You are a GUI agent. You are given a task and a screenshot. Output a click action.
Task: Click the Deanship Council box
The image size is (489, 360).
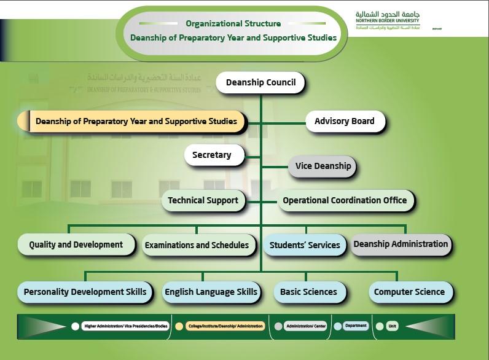pyautogui.click(x=260, y=82)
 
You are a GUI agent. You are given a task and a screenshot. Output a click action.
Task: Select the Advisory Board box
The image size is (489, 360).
pyautogui.click(x=344, y=121)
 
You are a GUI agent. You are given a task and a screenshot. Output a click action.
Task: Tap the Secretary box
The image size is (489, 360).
pyautogui.click(x=212, y=155)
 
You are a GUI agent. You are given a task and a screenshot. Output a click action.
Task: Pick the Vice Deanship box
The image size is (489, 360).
pyautogui.click(x=323, y=166)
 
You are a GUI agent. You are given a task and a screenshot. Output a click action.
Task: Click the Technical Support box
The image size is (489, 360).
pyautogui.click(x=203, y=200)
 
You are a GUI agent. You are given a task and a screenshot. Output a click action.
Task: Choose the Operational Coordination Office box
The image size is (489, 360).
pyautogui.click(x=345, y=200)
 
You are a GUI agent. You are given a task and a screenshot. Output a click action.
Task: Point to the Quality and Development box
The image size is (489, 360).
pyautogui.click(x=76, y=245)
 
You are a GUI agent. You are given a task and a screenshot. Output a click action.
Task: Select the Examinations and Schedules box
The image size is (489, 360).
pyautogui.click(x=197, y=245)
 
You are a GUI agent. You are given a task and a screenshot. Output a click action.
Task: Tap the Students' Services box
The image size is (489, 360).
pyautogui.click(x=305, y=245)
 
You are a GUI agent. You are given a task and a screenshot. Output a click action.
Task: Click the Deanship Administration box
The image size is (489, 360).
pyautogui.click(x=401, y=244)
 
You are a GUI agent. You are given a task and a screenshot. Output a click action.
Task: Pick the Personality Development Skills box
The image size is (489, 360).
pyautogui.click(x=85, y=292)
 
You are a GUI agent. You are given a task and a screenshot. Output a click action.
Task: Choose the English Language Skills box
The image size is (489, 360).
pyautogui.click(x=211, y=292)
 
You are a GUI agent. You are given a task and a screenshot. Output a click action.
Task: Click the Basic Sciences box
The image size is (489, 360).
pyautogui.click(x=308, y=292)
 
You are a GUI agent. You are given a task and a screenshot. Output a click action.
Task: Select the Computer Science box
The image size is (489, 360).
pyautogui.click(x=409, y=292)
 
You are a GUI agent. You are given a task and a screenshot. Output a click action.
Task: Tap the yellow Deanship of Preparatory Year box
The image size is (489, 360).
pyautogui.click(x=136, y=122)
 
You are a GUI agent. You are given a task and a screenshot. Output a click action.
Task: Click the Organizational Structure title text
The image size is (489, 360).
pyautogui.click(x=233, y=24)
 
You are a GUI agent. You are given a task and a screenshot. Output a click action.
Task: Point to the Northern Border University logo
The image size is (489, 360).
pyautogui.click(x=388, y=20)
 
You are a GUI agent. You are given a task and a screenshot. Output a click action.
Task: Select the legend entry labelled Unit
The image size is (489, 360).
pyautogui.click(x=391, y=326)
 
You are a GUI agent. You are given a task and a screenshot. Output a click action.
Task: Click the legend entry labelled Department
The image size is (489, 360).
pyautogui.click(x=356, y=326)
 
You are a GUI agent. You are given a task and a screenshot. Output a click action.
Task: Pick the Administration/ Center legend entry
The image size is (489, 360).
pyautogui.click(x=305, y=326)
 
